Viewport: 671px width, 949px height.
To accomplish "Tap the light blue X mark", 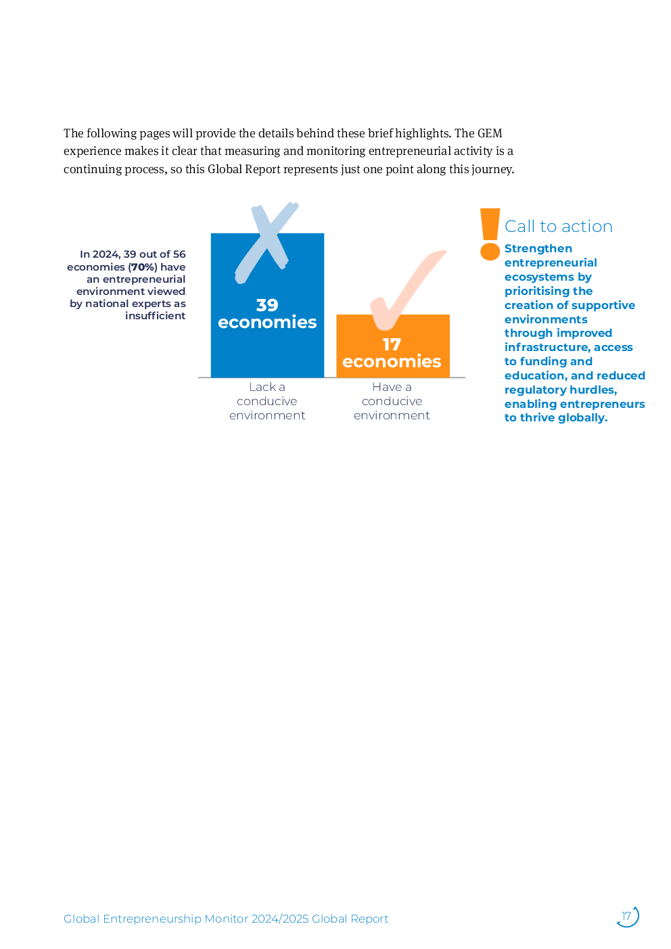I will point(266,241).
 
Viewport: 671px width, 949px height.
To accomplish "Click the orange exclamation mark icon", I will point(490,234).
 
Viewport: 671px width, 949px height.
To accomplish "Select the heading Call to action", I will point(559,227).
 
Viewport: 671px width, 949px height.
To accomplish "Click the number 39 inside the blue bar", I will point(267,305).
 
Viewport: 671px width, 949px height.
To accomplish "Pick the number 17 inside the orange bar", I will point(392,344).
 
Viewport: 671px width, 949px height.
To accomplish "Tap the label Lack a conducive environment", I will point(267,401).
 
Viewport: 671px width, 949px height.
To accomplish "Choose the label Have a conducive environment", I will point(392,401).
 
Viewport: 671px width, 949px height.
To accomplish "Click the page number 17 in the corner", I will point(627,917).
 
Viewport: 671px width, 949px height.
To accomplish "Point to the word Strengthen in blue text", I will point(538,249).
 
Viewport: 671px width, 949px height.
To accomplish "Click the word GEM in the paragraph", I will point(490,133).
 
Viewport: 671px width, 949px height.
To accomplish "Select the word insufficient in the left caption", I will point(155,316).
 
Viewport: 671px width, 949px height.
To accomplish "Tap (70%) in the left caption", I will point(143,267).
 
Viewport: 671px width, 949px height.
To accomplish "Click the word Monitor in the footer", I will point(226,919).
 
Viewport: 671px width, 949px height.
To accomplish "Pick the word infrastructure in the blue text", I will point(546,348).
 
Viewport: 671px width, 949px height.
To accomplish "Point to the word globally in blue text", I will point(582,418).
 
